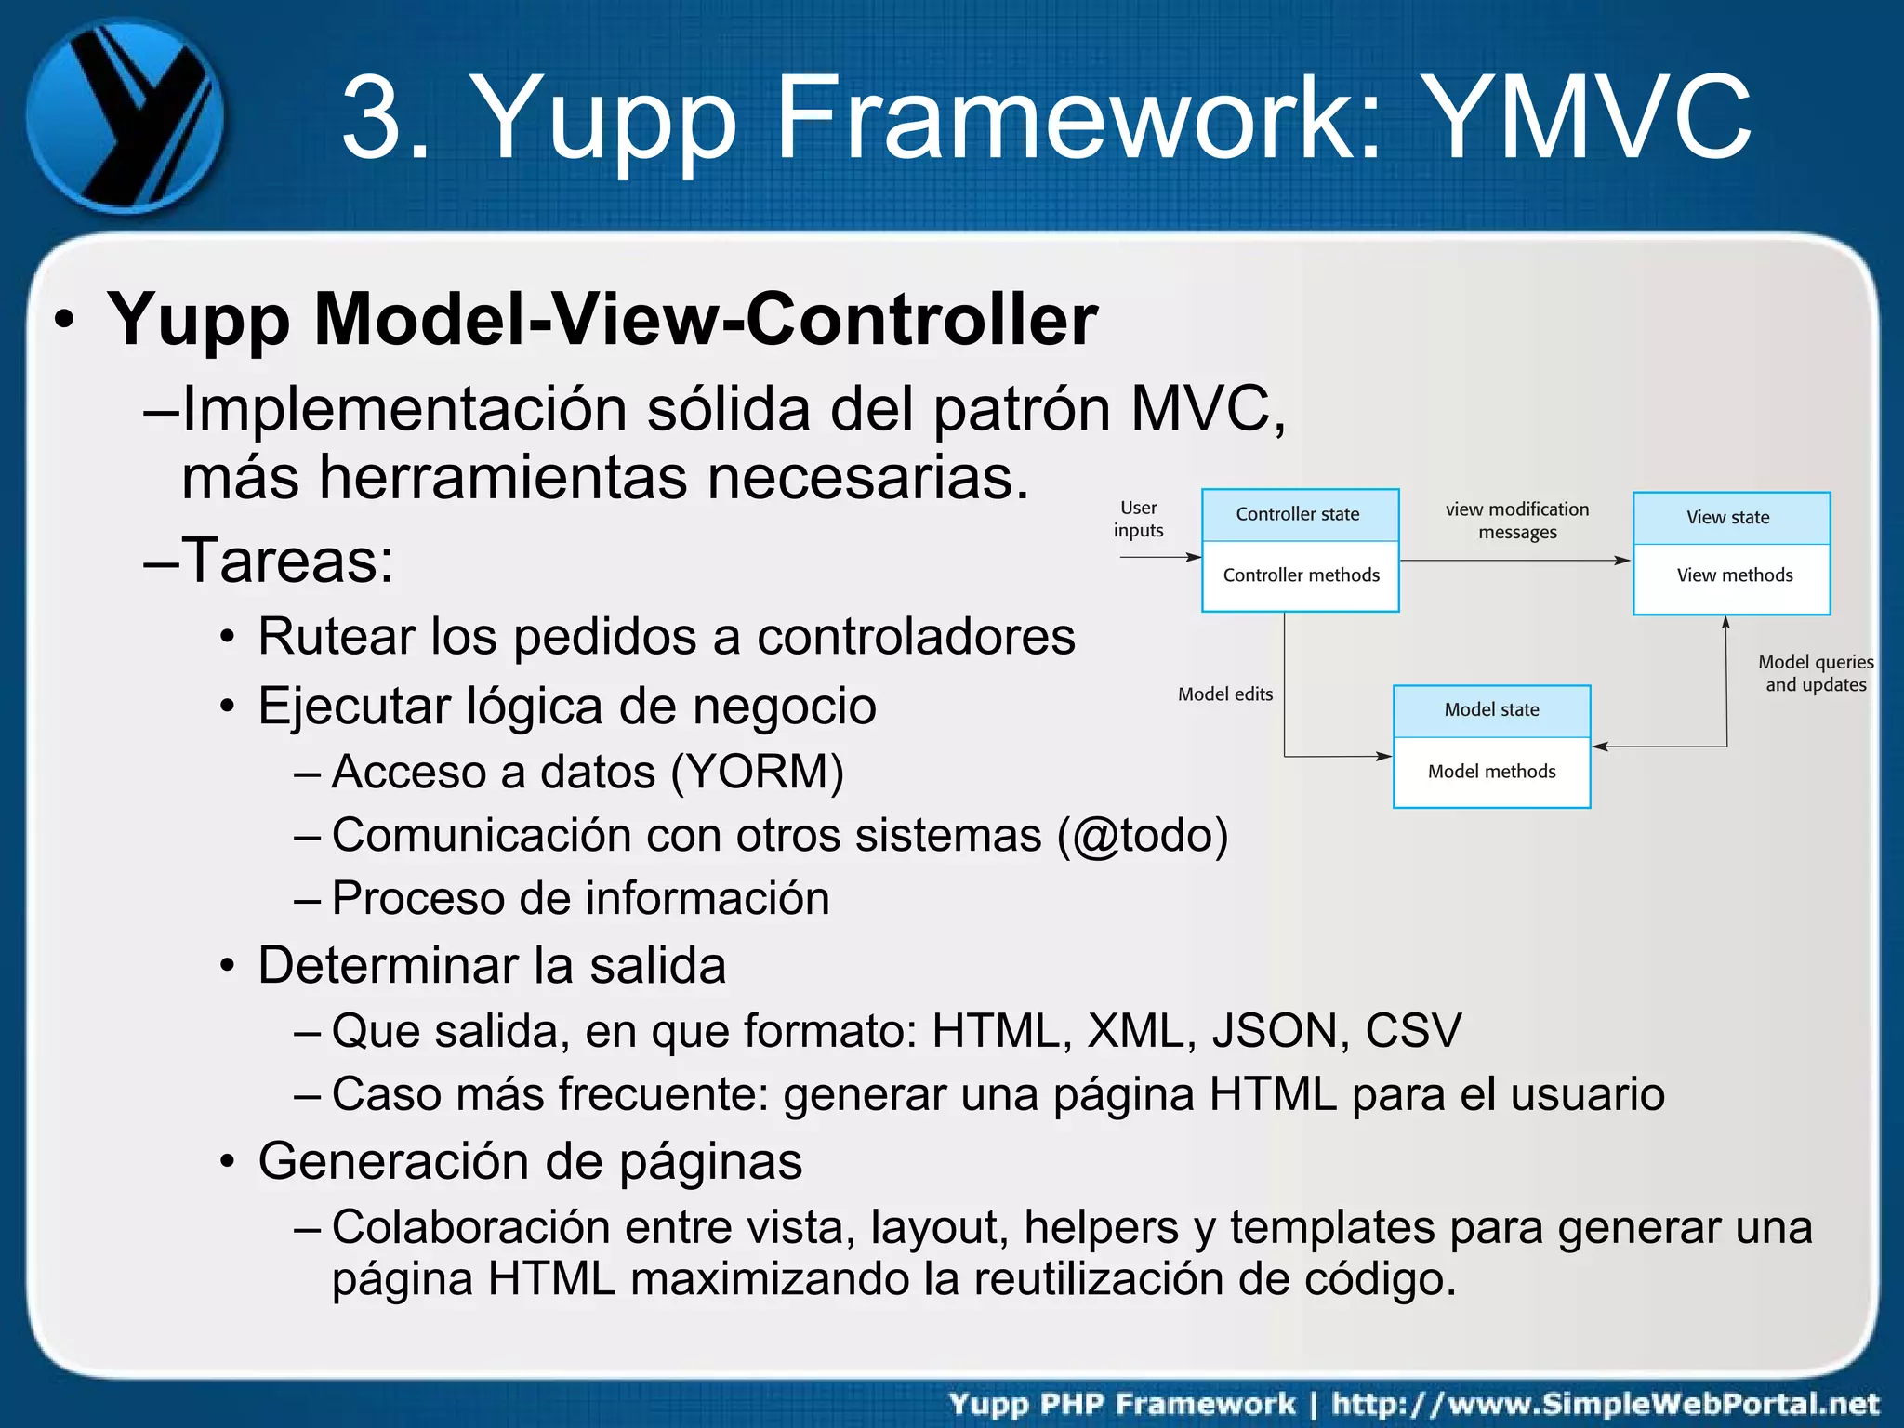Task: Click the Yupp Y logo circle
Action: pos(124,117)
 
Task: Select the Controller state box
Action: pos(1299,515)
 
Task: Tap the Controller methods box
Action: pos(1301,575)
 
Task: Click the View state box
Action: pos(1730,518)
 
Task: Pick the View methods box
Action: pos(1734,575)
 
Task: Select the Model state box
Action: pos(1491,710)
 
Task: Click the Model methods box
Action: pos(1491,772)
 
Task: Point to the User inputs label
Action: pos(1138,519)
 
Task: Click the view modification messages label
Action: pos(1516,521)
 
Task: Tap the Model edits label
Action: pos(1224,694)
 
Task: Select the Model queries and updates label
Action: pos(1815,673)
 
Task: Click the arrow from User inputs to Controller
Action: pos(1160,557)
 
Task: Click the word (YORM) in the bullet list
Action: pos(757,772)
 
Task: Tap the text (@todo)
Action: pos(1143,835)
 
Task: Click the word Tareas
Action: pos(287,561)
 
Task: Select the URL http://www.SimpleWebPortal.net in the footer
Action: pos(1606,1403)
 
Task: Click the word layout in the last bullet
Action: pos(939,1228)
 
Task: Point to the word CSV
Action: pos(1413,1031)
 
